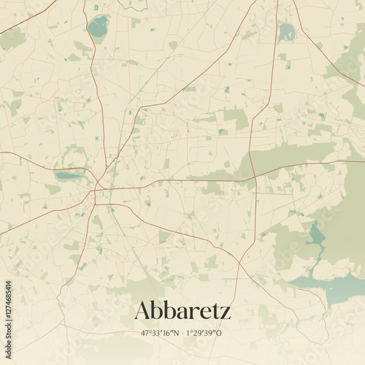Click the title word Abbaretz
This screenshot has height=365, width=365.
pyautogui.click(x=182, y=311)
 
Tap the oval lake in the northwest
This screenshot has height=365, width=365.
pyautogui.click(x=97, y=28)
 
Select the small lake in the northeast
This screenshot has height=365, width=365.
pyautogui.click(x=287, y=32)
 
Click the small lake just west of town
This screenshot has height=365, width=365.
pyautogui.click(x=68, y=175)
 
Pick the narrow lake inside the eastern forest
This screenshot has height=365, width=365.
pyautogui.click(x=317, y=236)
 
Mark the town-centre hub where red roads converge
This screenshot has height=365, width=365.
pyautogui.click(x=97, y=191)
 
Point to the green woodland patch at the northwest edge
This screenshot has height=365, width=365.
pyautogui.click(x=12, y=39)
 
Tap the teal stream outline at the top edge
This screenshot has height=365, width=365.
pyautogui.click(x=134, y=7)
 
